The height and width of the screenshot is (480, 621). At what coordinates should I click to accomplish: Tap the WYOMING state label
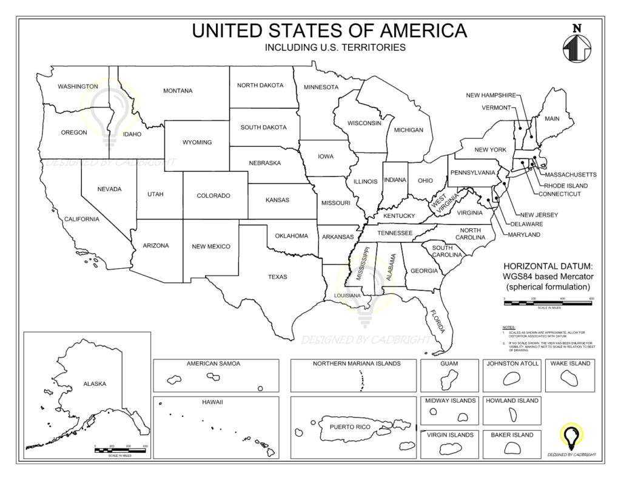tap(197, 143)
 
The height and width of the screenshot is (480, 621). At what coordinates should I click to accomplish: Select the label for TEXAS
tap(278, 277)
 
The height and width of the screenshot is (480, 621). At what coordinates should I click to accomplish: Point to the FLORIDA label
tap(437, 321)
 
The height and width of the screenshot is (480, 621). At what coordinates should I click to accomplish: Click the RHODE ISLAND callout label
tap(565, 185)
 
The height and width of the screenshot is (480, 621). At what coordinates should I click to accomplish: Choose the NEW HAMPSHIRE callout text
tap(491, 95)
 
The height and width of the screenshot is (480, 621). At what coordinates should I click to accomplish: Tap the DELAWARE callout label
tap(526, 224)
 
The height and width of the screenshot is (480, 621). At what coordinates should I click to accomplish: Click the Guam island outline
tap(449, 379)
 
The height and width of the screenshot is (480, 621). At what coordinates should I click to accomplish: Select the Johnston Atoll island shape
tap(511, 378)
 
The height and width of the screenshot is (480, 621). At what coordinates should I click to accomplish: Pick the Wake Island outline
tap(569, 377)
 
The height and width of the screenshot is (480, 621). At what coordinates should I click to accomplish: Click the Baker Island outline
tap(511, 447)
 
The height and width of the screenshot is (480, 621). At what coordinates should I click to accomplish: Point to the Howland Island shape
tap(511, 415)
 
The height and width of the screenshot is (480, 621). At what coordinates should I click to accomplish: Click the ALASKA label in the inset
tap(95, 384)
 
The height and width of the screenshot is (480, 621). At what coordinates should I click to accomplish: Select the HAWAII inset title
tap(213, 402)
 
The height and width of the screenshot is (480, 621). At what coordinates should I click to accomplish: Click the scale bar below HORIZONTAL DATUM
tap(548, 300)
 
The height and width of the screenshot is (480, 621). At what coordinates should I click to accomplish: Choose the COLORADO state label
tap(213, 196)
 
